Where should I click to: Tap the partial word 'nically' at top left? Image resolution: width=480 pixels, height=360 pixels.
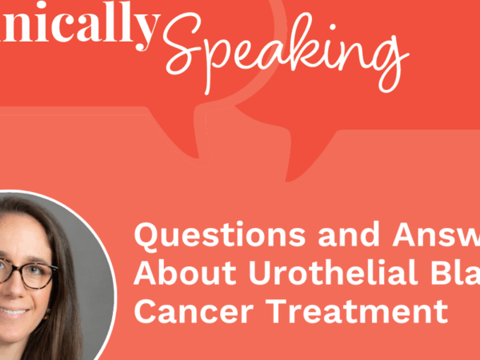[x=76, y=26]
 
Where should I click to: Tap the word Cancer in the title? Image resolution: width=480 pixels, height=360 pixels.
[x=184, y=309]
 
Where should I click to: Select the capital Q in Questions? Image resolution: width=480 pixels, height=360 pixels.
[x=149, y=238]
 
